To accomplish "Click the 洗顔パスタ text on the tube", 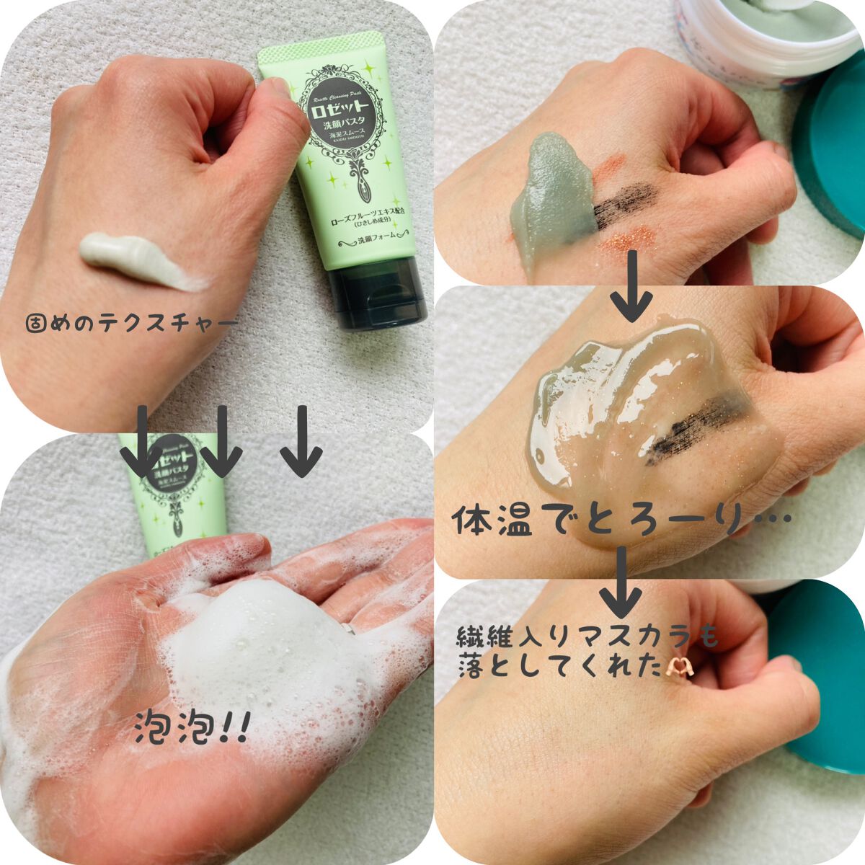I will [x=345, y=138].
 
